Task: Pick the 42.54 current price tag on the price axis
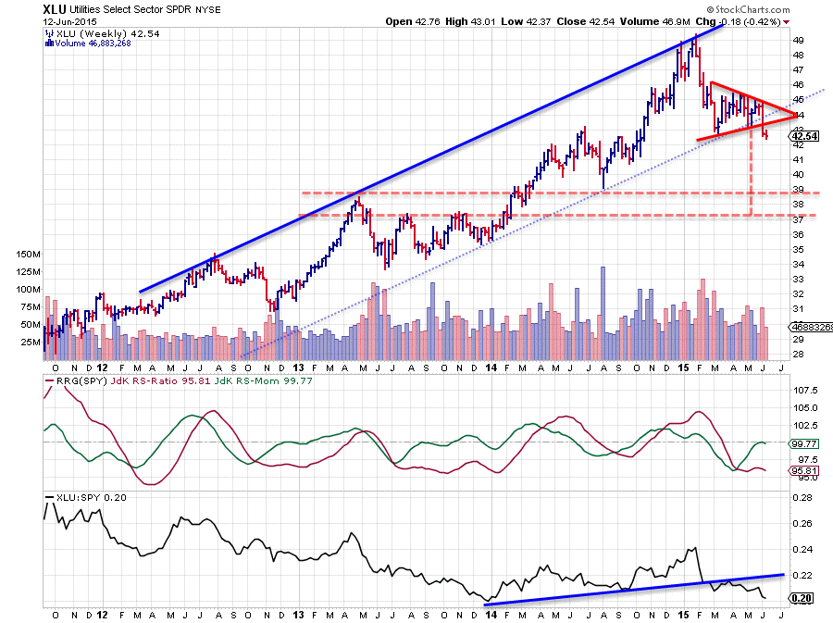[x=802, y=137]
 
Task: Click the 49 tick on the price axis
[x=797, y=40]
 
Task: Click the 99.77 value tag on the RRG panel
[x=802, y=443]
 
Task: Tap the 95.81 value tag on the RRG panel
[x=802, y=470]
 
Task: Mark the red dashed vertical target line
[x=750, y=176]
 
